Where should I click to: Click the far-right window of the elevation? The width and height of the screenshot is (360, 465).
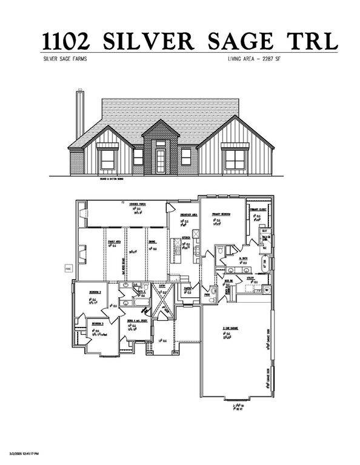[x=234, y=159]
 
